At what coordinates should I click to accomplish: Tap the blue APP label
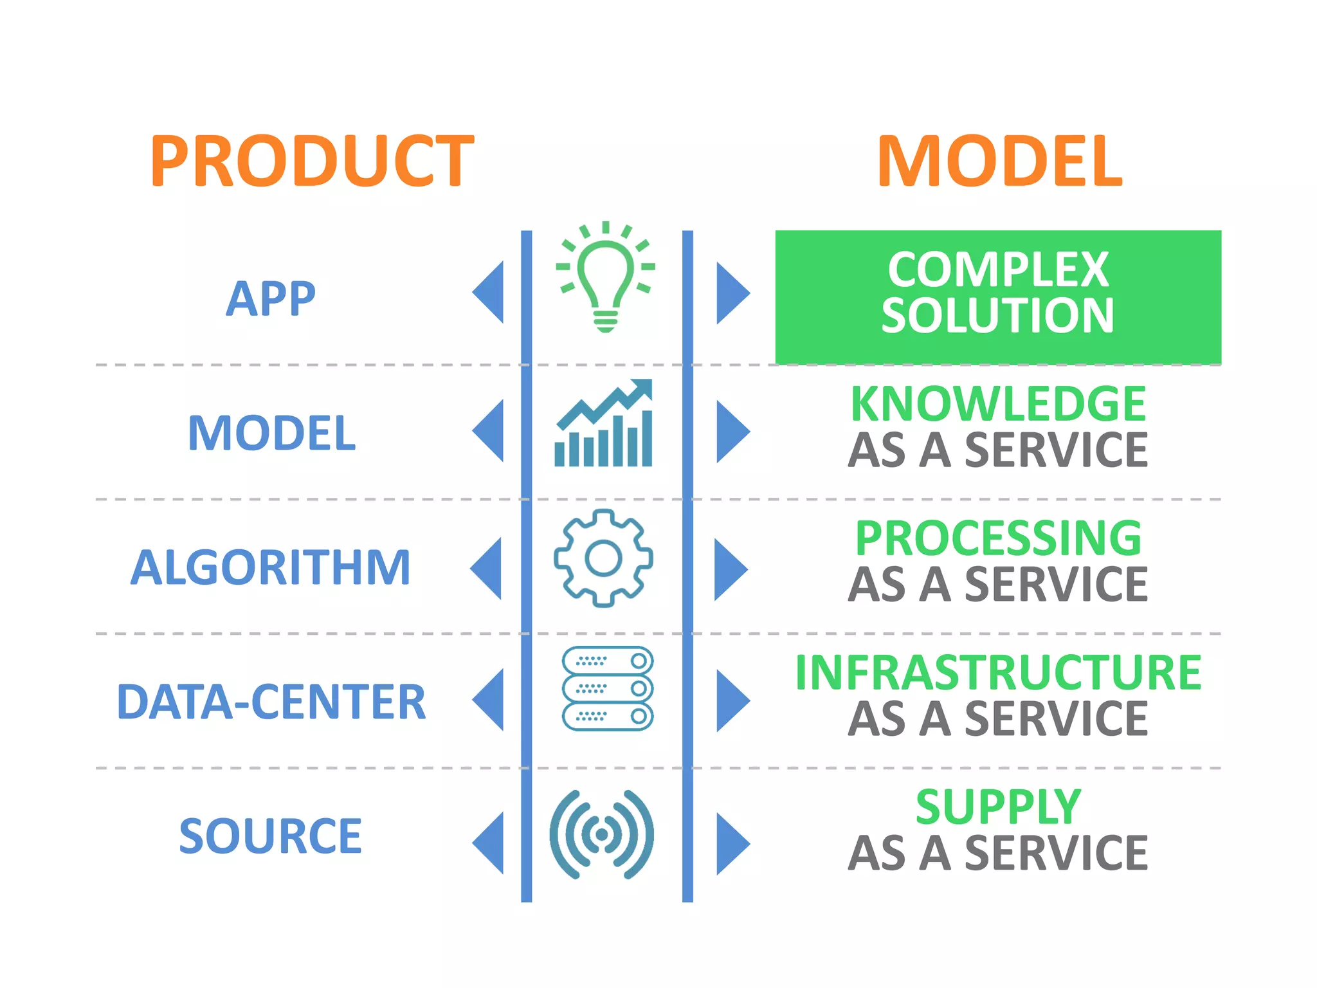pos(271,299)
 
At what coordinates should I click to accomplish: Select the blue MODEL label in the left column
pos(271,433)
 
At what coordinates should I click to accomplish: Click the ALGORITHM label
pos(271,567)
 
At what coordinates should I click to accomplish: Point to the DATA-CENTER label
pos(271,702)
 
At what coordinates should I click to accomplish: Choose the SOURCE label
pos(271,836)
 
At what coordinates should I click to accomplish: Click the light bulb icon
pos(605,278)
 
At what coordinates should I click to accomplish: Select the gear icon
pos(603,558)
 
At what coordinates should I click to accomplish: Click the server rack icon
pos(607,688)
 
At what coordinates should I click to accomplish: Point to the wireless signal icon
pos(602,834)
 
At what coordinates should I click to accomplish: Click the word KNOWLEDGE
pos(998,404)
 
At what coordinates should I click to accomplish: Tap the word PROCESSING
pos(998,538)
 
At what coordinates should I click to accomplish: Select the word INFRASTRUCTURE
pos(998,673)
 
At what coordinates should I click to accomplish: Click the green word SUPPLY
pos(998,807)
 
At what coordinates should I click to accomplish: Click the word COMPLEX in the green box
pos(998,270)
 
